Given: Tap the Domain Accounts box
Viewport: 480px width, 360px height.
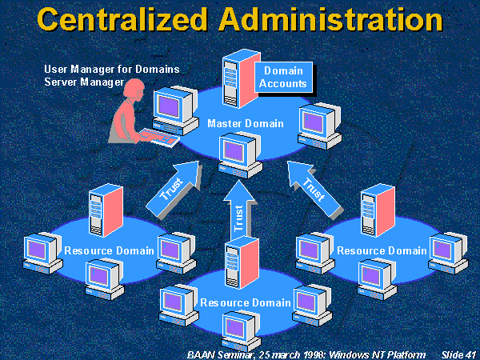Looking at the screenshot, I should (285, 78).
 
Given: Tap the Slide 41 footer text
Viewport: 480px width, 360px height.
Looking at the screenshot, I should (458, 353).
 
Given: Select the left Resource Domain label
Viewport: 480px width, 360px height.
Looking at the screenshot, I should (110, 250).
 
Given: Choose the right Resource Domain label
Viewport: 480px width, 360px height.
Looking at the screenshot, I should (382, 250).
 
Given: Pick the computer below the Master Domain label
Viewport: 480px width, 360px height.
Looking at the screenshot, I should (240, 154).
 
